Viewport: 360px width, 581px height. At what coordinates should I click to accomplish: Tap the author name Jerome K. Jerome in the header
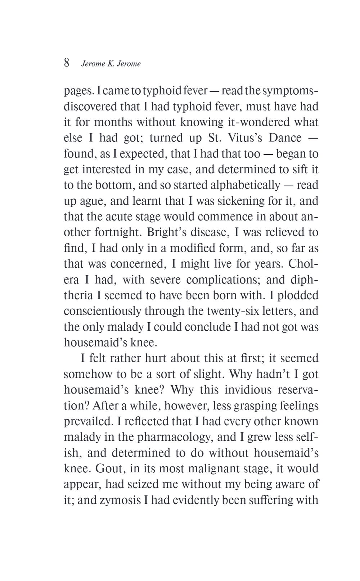[111, 64]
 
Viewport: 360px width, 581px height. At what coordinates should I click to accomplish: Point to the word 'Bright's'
[174, 232]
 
